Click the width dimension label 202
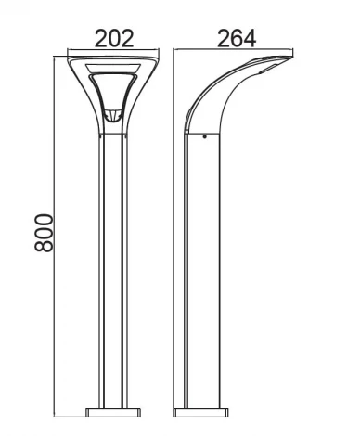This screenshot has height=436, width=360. [x=114, y=38]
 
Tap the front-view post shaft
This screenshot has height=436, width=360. [x=114, y=278]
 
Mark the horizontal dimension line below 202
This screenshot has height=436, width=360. [x=114, y=52]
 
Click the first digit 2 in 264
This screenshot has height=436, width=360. [x=223, y=38]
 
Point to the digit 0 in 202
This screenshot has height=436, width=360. [x=114, y=38]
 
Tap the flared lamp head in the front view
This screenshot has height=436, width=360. [x=114, y=88]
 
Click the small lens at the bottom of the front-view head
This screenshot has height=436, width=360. [x=114, y=117]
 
